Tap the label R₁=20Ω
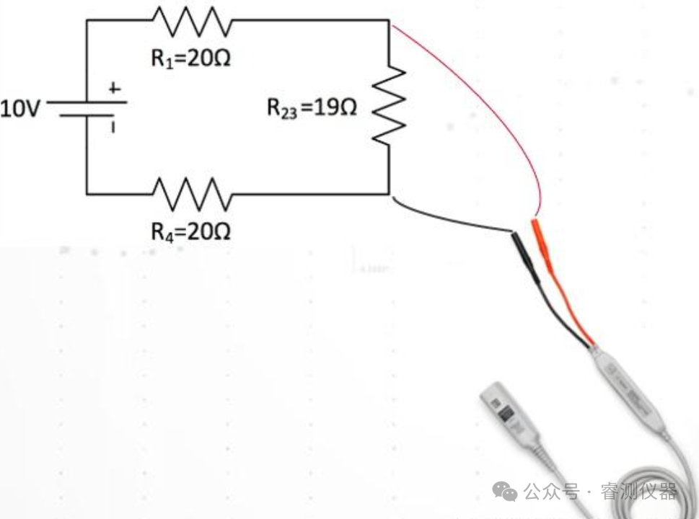(x=190, y=58)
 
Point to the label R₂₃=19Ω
(x=311, y=109)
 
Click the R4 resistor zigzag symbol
(x=191, y=192)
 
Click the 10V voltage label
(x=21, y=110)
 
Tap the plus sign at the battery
(x=113, y=89)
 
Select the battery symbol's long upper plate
(x=87, y=102)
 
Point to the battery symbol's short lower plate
(x=86, y=115)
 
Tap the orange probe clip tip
(x=542, y=245)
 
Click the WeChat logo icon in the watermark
(x=504, y=492)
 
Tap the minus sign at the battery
(x=112, y=128)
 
